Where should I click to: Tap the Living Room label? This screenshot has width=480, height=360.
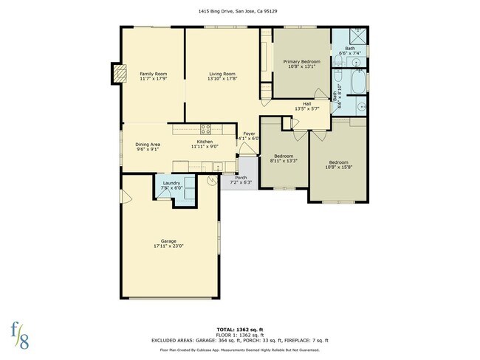pyautogui.click(x=222, y=74)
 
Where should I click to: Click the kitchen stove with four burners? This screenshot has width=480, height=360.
pyautogui.click(x=207, y=128)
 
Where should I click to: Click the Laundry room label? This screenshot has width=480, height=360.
pyautogui.click(x=171, y=183)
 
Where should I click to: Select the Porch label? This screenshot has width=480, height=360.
pyautogui.click(x=241, y=178)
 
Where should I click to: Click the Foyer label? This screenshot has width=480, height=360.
pyautogui.click(x=250, y=134)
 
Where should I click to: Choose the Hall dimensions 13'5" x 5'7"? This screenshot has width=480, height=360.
pyautogui.click(x=306, y=108)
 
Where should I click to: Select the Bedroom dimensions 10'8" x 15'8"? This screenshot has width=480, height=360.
pyautogui.click(x=339, y=167)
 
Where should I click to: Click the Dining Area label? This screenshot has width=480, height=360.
pyautogui.click(x=148, y=145)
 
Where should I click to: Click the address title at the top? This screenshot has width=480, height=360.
pyautogui.click(x=240, y=12)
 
